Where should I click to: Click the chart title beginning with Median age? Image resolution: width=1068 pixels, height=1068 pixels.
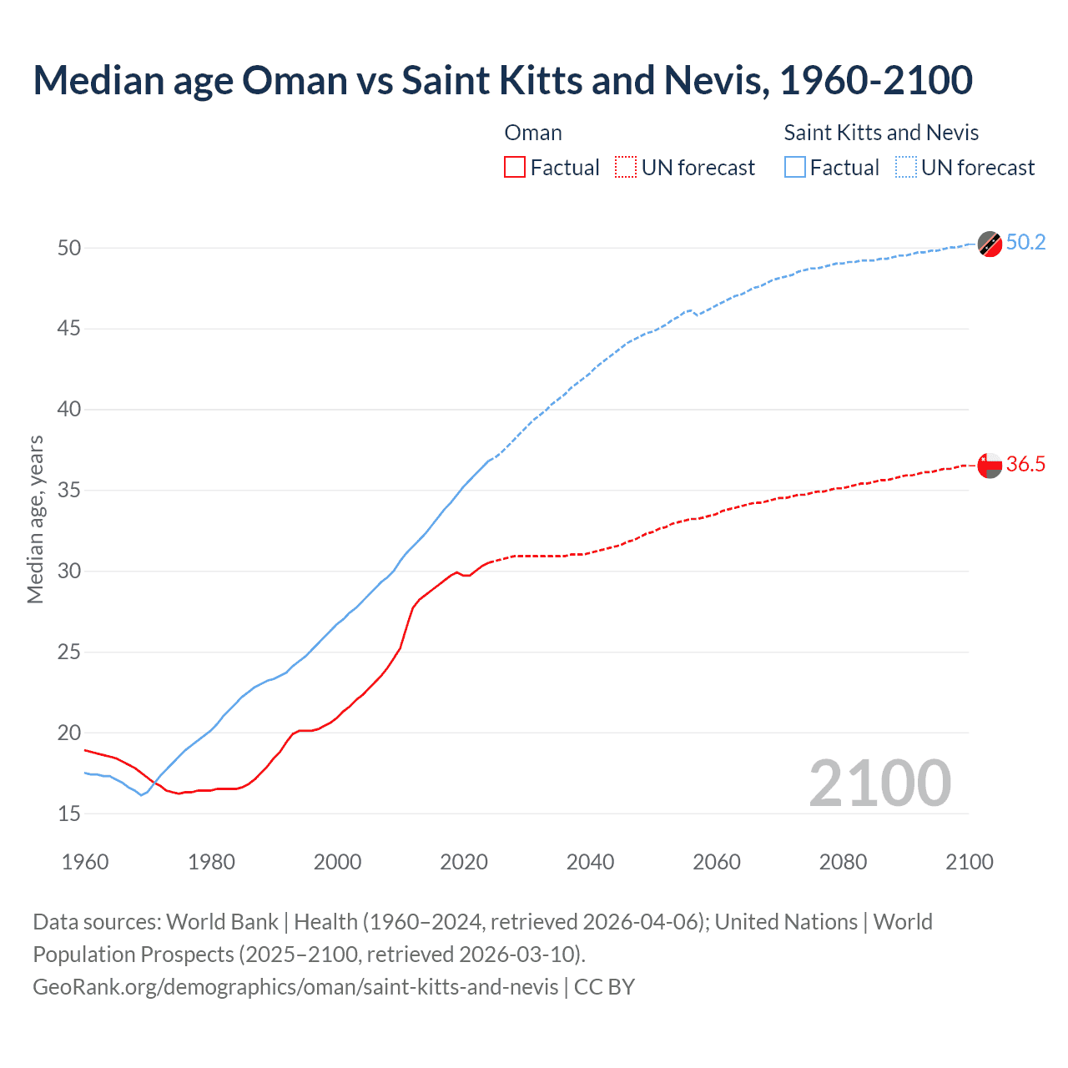(x=502, y=80)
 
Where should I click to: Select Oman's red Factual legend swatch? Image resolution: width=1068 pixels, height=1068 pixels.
(x=515, y=168)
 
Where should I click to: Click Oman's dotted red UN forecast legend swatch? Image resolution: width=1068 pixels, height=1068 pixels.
(x=626, y=168)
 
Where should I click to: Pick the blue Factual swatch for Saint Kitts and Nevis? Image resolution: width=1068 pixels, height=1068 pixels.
(x=795, y=168)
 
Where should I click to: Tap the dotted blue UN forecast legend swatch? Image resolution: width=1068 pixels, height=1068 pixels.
(x=905, y=168)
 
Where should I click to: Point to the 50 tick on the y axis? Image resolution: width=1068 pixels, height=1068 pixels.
(x=69, y=248)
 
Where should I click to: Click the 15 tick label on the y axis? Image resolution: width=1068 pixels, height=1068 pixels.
(x=69, y=814)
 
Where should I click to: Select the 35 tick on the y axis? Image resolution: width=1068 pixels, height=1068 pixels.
(x=69, y=491)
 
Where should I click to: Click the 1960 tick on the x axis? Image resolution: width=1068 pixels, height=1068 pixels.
(x=85, y=862)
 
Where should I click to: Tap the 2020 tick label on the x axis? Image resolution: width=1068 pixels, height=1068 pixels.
(x=464, y=862)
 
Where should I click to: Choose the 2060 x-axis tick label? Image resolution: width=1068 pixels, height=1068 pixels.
(x=717, y=862)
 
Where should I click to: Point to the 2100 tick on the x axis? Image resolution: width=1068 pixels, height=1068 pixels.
(x=970, y=862)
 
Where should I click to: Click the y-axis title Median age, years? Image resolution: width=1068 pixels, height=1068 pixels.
(x=35, y=519)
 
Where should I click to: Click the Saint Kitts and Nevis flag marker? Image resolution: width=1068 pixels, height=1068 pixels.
(x=990, y=244)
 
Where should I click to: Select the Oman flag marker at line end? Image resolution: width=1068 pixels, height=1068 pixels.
(x=990, y=466)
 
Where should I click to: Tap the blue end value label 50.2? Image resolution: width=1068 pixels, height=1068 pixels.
(x=1025, y=243)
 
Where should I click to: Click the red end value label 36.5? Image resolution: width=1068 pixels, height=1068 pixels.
(x=1025, y=465)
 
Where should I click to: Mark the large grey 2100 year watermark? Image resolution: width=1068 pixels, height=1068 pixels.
(x=879, y=783)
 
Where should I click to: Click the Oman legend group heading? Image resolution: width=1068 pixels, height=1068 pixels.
(x=533, y=133)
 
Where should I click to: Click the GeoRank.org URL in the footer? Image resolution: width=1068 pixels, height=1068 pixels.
(x=295, y=987)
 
